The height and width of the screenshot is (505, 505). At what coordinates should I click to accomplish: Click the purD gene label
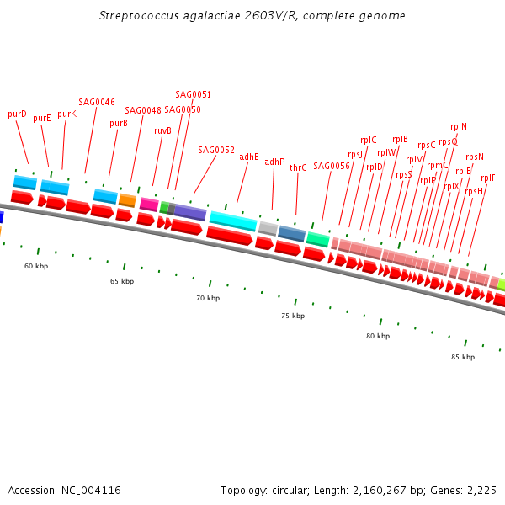[x=17, y=114]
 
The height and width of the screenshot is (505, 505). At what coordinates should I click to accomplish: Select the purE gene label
[x=42, y=119]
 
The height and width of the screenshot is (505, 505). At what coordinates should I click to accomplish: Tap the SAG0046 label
[x=97, y=102]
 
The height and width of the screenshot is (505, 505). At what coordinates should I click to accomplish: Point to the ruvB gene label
[x=162, y=130]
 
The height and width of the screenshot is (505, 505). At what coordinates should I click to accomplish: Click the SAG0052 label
[x=216, y=150]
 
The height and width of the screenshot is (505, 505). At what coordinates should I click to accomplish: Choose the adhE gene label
[x=249, y=157]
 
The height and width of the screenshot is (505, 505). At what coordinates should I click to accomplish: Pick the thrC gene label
[x=298, y=167]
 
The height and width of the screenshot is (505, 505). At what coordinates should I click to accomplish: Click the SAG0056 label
[x=331, y=166]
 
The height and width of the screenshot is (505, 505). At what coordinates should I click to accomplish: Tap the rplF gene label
[x=488, y=178]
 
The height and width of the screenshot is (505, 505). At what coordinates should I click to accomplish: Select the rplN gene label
[x=459, y=127]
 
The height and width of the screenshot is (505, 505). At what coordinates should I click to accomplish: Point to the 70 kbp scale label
[x=208, y=298]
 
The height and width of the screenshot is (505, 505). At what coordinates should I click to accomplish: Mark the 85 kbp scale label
[x=462, y=357]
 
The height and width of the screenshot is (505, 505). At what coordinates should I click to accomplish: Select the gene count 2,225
[x=481, y=490]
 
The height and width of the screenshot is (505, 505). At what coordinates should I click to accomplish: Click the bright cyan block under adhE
[x=233, y=221]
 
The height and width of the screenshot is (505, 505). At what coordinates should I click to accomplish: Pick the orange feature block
[x=127, y=200]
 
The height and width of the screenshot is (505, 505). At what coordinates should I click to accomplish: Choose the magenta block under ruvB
[x=149, y=205]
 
